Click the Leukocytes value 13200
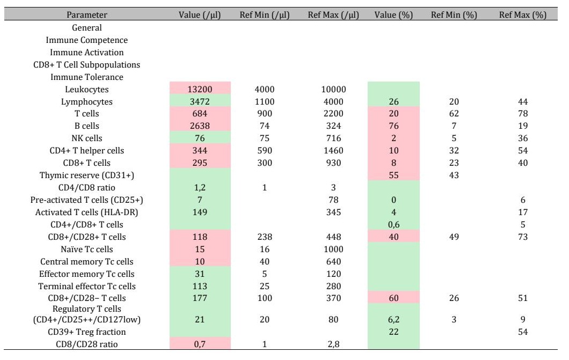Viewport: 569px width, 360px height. (200, 89)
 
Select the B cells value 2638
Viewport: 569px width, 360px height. (200, 126)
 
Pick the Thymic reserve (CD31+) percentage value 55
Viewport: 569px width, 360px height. (393, 175)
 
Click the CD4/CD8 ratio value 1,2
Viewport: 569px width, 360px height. (200, 188)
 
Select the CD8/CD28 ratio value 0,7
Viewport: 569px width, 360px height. (200, 344)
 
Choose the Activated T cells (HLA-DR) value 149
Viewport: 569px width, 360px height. (200, 212)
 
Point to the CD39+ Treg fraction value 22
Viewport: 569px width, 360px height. (393, 332)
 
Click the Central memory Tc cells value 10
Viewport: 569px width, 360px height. (200, 261)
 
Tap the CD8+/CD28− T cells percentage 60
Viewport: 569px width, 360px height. (393, 298)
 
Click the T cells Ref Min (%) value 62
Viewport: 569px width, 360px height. (454, 114)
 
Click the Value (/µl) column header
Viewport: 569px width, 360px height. (200, 15)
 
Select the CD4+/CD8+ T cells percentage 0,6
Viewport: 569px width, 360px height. (393, 224)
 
